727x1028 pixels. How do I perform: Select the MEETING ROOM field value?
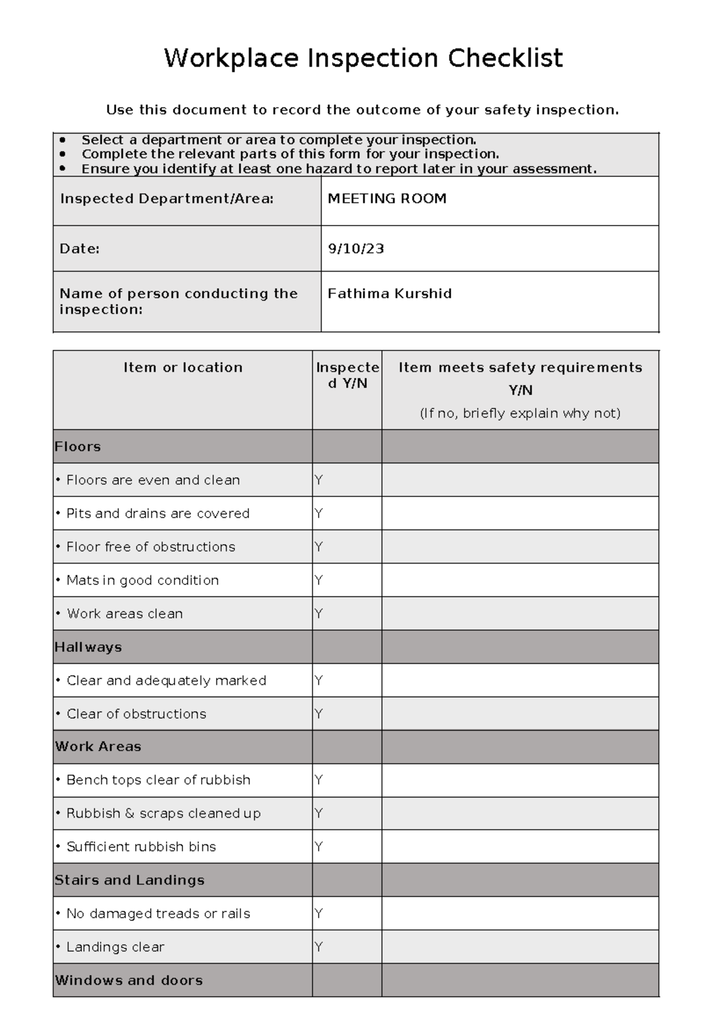click(387, 199)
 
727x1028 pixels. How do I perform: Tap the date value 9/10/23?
click(356, 249)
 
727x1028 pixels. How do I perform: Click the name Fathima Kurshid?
click(390, 294)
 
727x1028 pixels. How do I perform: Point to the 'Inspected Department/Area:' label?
click(167, 199)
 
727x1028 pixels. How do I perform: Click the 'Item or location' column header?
click(182, 367)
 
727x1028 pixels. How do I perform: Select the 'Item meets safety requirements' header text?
click(520, 367)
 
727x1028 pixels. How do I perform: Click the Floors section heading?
click(78, 447)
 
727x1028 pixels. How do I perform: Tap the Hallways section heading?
click(88, 647)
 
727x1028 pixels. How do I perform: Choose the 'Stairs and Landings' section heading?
click(129, 880)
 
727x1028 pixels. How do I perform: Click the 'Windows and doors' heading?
click(128, 980)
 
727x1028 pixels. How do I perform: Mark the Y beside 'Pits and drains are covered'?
click(319, 513)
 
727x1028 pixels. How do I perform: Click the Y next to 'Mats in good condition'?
click(319, 580)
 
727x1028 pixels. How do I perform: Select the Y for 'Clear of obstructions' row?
click(319, 713)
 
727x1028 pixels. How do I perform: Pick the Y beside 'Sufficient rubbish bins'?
click(319, 847)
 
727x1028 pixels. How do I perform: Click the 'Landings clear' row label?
click(115, 947)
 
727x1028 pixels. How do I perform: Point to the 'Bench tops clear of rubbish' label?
click(158, 780)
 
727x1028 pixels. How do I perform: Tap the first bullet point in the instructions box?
click(62, 140)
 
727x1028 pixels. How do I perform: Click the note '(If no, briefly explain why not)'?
click(520, 413)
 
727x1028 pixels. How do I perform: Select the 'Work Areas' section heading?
click(98, 747)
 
